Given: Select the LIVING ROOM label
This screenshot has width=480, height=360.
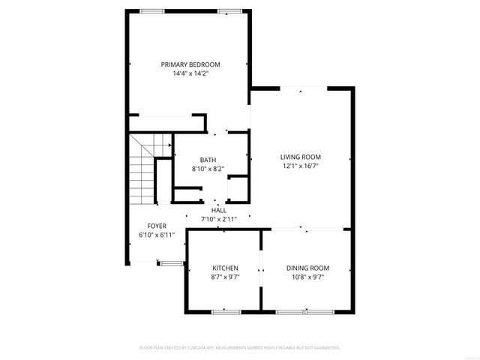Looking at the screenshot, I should pyautogui.click(x=300, y=157).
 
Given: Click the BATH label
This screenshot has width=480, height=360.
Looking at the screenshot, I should pyautogui.click(x=208, y=160).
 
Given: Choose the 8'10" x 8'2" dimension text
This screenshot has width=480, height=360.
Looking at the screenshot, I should pyautogui.click(x=208, y=169).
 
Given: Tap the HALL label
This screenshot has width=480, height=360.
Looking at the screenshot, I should pyautogui.click(x=218, y=210).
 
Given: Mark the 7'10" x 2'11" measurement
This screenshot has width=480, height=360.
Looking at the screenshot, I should pyautogui.click(x=218, y=219).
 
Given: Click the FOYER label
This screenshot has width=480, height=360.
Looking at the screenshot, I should pyautogui.click(x=156, y=226).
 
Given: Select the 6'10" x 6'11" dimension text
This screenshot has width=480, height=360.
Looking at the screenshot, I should pyautogui.click(x=156, y=235).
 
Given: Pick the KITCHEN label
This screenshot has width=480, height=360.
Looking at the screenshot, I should pyautogui.click(x=225, y=268).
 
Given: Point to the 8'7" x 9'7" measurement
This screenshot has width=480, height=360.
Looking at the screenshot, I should pyautogui.click(x=225, y=277).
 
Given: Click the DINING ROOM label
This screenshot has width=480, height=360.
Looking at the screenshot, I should pyautogui.click(x=307, y=268).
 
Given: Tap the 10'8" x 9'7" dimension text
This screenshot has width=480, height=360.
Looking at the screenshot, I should pyautogui.click(x=307, y=277).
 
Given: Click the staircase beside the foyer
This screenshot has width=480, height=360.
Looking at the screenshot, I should pyautogui.click(x=141, y=169).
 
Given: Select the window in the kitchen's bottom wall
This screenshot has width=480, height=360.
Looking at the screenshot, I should pyautogui.click(x=224, y=311).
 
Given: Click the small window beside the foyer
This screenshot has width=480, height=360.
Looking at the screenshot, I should pyautogui.click(x=170, y=262).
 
